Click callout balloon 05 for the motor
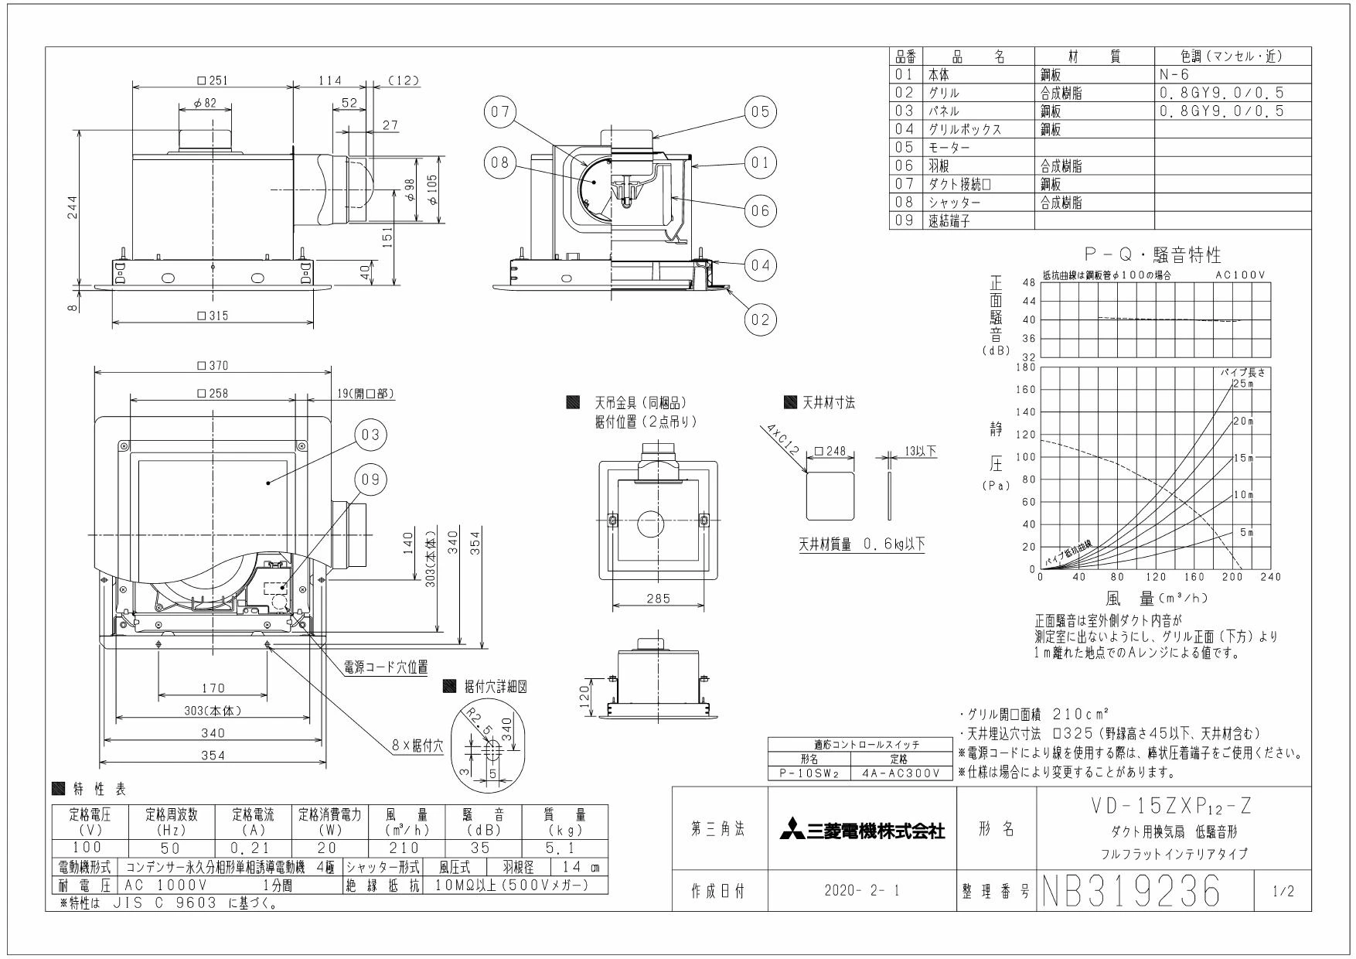click(761, 112)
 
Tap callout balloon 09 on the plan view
click(370, 479)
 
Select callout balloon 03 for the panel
click(370, 435)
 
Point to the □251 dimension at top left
click(213, 80)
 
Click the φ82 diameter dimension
click(206, 103)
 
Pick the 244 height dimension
click(72, 206)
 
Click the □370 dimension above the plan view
click(213, 366)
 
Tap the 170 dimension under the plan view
click(213, 688)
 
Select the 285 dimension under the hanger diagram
click(659, 598)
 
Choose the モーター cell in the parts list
click(949, 147)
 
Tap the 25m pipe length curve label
click(1243, 384)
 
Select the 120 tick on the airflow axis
click(1156, 577)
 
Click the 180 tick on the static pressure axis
click(1027, 367)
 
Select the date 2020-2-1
click(862, 892)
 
